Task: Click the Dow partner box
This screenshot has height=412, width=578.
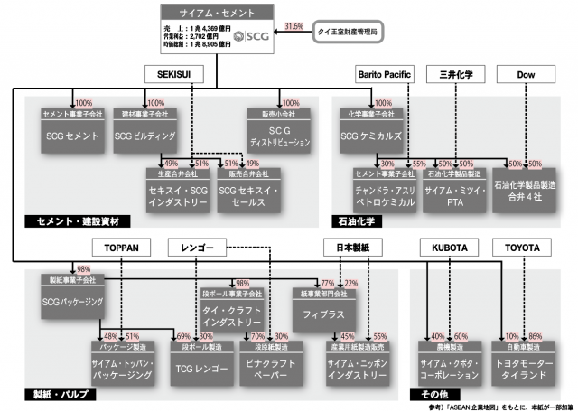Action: tap(527, 72)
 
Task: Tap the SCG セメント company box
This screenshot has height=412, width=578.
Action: tap(71, 135)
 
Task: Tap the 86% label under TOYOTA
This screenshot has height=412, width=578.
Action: tap(535, 336)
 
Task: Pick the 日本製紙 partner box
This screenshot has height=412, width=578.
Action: tap(348, 246)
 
